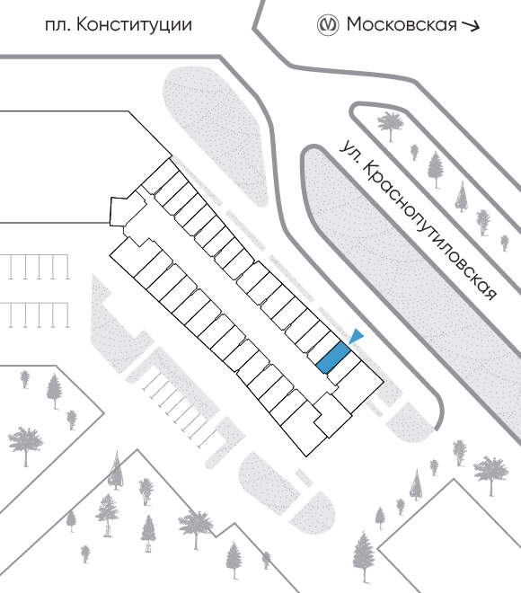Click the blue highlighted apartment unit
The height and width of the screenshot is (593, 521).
[x=333, y=358]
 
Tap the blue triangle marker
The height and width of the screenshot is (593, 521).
[x=356, y=336]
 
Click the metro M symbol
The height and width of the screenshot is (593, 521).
[x=327, y=25]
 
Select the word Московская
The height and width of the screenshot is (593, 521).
[x=402, y=24]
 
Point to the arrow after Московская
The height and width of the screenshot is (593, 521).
[x=471, y=26]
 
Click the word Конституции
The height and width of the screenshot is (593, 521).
[x=134, y=25]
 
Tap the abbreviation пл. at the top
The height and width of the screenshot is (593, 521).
[x=57, y=26]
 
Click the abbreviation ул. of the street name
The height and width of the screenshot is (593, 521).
[x=349, y=151]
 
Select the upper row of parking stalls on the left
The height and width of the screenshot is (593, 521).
[x=35, y=267]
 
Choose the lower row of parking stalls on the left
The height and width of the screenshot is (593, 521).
[x=35, y=314]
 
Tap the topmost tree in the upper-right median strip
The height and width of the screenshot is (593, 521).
[x=391, y=124]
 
